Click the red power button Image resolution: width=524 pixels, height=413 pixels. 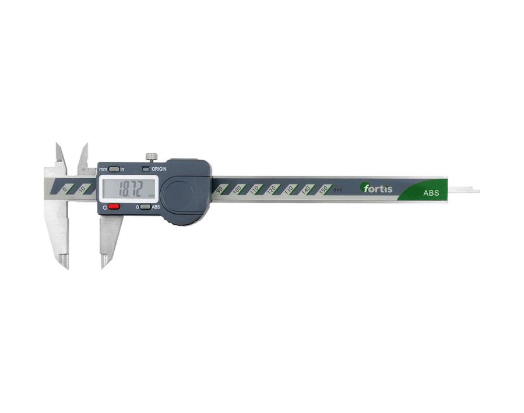114,207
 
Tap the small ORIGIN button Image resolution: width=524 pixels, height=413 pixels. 145,170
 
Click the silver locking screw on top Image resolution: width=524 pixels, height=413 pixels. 152,157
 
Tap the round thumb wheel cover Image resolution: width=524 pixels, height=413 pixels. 177,196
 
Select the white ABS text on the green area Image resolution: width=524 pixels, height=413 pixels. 431,193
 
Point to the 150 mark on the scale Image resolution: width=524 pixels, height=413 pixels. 323,189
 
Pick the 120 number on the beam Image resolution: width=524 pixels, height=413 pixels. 272,189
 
